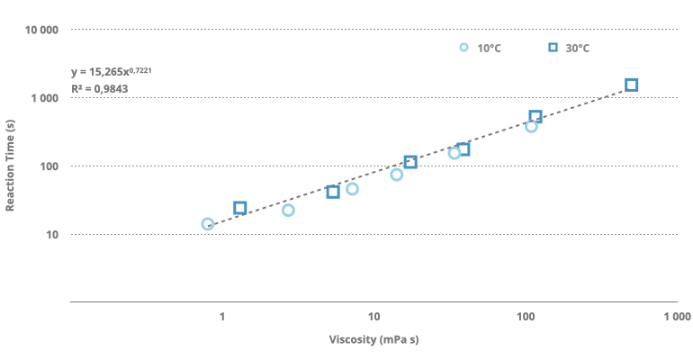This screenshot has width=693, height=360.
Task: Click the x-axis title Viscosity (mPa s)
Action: pos(373,340)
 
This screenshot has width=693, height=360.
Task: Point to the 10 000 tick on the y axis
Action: pos(41,30)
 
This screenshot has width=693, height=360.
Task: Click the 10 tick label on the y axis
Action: pos(52,235)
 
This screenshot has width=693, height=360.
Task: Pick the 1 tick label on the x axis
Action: pos(221,317)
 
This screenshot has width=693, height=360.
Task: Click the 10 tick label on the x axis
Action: pos(373,317)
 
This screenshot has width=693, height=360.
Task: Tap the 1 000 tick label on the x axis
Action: pos(676,317)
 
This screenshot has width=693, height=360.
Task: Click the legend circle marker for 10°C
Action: pos(464,48)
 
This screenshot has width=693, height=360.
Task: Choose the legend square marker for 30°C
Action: pos(553,48)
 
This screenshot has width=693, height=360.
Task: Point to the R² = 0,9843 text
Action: pos(99,88)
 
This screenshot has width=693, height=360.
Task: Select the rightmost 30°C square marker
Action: pos(632,85)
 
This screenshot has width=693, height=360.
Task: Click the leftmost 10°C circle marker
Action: pos(208,224)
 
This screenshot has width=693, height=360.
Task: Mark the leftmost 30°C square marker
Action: pos(240,208)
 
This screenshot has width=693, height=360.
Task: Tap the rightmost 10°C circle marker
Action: pos(531,126)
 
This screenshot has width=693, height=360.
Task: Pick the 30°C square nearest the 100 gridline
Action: pos(410,162)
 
